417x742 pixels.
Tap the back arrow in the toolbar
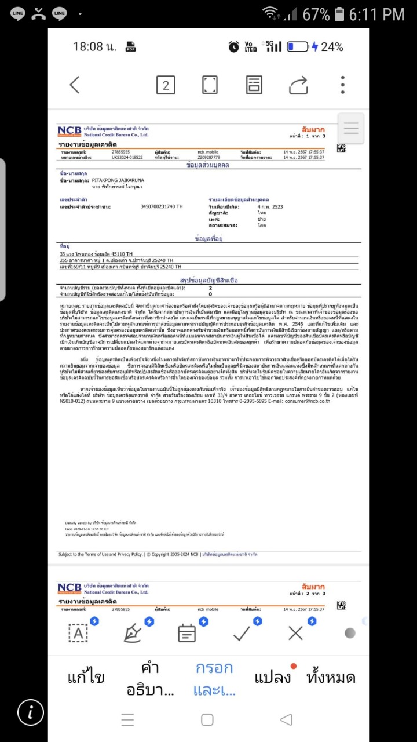point(75,85)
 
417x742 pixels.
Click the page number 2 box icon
point(165,85)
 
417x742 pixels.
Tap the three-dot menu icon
point(342,85)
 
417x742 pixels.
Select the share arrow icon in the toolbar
point(298,85)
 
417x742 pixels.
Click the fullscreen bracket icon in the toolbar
point(210,85)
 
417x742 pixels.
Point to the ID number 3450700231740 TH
point(162,206)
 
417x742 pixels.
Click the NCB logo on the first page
point(69,131)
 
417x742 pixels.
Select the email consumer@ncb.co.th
point(305,401)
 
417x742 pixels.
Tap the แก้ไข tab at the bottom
point(86,677)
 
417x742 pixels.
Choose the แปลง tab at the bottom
point(272,677)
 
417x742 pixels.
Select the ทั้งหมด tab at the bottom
point(331,677)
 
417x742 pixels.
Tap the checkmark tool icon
point(242,633)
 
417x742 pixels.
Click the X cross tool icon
point(295,633)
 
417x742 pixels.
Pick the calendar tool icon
point(186,633)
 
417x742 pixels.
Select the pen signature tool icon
point(133,633)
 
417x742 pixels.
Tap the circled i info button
point(30,712)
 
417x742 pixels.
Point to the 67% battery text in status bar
point(316,14)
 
